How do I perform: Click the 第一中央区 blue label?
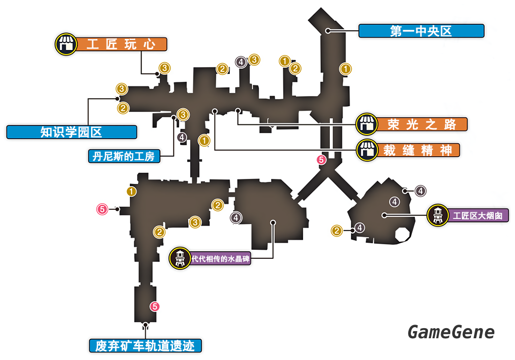point(421,31)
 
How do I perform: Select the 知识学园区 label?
point(71,132)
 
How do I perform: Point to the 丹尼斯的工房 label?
point(123,156)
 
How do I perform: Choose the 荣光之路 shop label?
point(422,124)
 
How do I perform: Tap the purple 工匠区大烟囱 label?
point(478,216)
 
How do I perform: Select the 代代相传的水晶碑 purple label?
point(220,259)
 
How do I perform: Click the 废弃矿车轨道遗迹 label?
point(145,346)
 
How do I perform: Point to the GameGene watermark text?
point(451,332)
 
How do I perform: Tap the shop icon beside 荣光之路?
point(366,124)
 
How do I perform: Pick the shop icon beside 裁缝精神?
point(366,150)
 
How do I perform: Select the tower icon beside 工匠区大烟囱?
point(438,215)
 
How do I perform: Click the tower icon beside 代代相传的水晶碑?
point(179,258)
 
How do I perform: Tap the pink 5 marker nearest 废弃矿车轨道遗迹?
point(155,306)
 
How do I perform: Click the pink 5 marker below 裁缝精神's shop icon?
point(321,160)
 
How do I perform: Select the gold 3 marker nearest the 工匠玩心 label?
point(164,67)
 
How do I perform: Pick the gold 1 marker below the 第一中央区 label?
point(346,68)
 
